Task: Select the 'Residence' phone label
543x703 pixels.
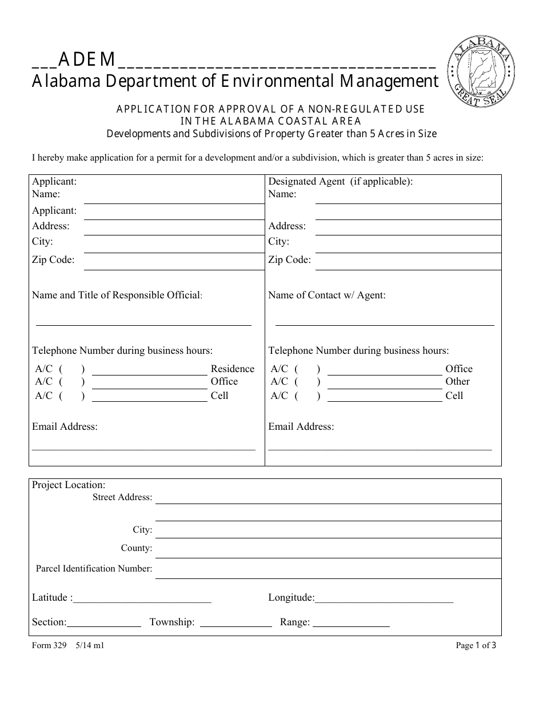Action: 232,369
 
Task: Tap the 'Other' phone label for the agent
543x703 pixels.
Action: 457,382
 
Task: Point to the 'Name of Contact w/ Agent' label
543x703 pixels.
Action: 327,295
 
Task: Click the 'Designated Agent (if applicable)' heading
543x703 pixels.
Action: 340,182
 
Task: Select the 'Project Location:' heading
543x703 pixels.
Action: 69,485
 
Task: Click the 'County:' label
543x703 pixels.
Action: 136,549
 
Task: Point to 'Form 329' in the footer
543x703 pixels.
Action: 49,646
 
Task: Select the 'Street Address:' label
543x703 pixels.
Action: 122,498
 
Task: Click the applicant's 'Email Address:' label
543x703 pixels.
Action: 65,427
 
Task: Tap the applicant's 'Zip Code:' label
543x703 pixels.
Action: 53,260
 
